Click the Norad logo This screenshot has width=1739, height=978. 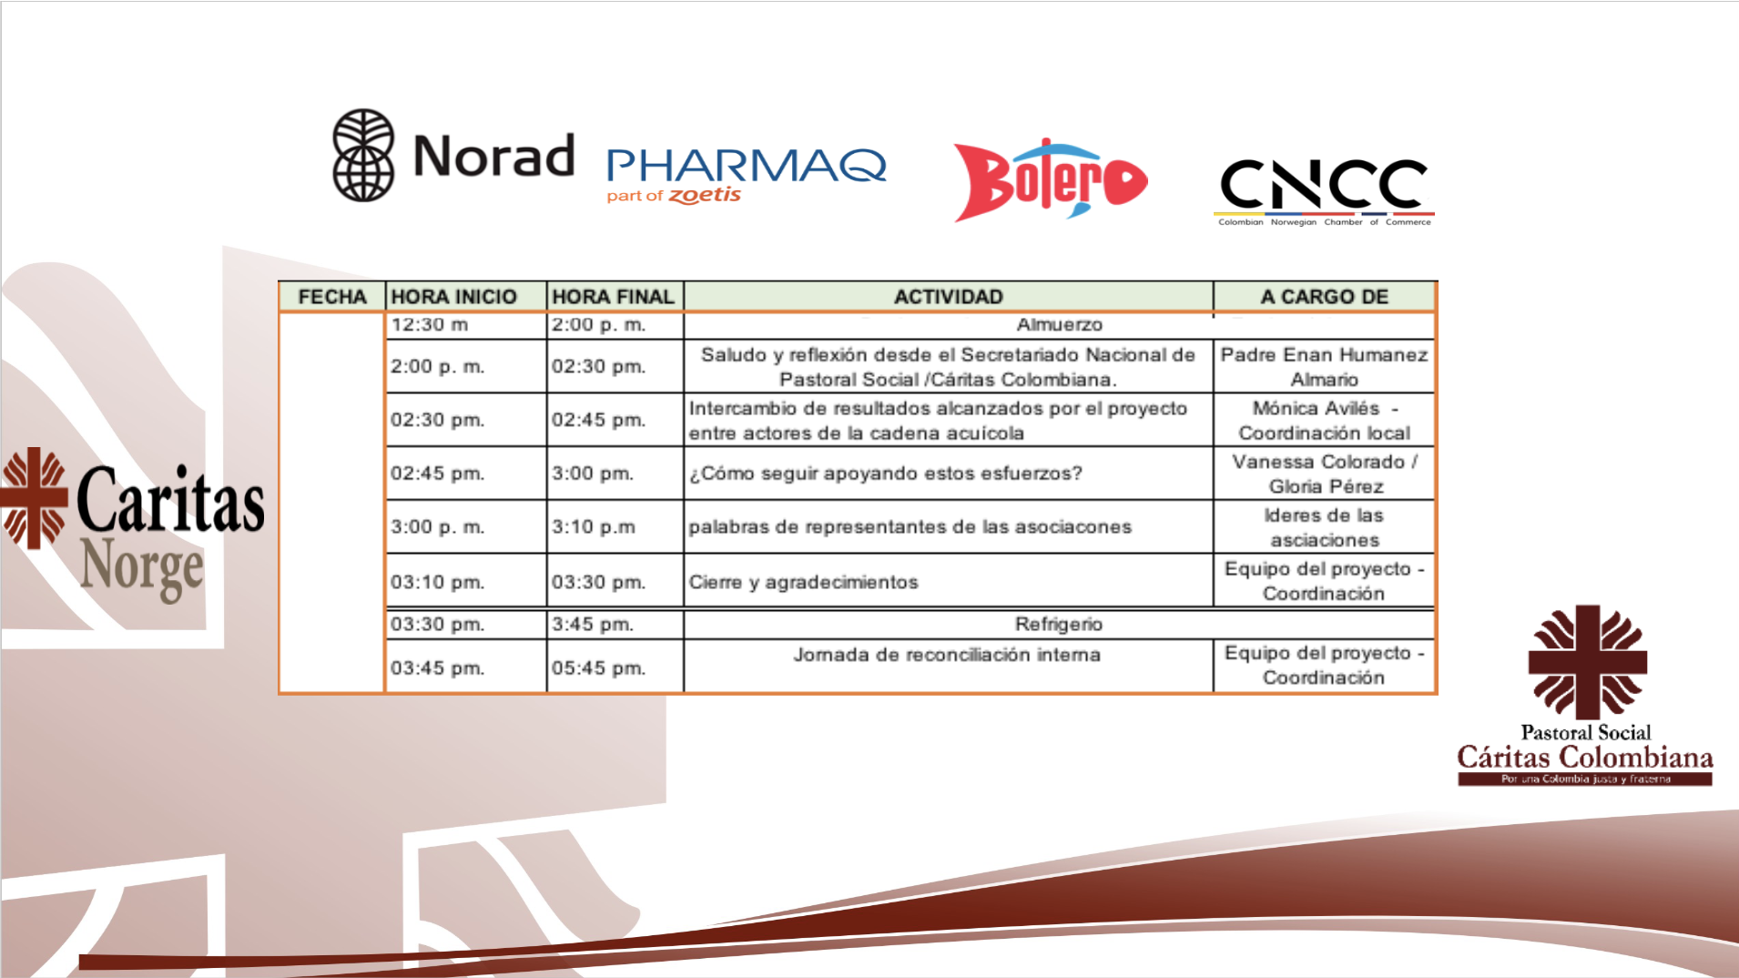point(453,155)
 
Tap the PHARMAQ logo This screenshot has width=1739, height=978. point(747,176)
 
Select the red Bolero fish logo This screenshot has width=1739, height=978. point(1050,179)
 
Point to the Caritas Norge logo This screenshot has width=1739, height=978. point(133,525)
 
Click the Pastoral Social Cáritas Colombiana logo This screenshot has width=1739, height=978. point(1585,695)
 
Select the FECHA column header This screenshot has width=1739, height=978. point(332,297)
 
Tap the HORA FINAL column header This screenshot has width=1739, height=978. point(614,297)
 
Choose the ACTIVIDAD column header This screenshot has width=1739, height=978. point(949,297)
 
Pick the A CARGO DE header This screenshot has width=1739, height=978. point(1325,297)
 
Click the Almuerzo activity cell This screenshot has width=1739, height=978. point(1059,325)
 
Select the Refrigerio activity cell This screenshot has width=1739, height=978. point(1059,624)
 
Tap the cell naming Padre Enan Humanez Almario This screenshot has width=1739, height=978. point(1324,367)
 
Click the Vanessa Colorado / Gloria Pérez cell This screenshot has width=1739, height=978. point(1324,474)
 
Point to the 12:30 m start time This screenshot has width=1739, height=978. point(430,325)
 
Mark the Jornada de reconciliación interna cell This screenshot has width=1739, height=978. point(949,666)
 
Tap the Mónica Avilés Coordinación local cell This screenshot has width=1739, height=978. point(1324,421)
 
